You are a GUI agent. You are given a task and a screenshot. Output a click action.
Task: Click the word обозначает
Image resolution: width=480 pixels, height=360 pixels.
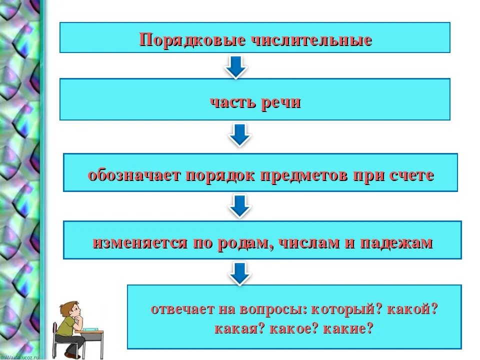pos(134,175)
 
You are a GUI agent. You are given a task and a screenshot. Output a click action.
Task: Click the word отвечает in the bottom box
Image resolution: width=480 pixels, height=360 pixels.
pos(182,309)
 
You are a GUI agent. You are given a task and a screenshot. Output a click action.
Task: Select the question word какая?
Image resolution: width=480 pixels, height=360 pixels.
pos(239,329)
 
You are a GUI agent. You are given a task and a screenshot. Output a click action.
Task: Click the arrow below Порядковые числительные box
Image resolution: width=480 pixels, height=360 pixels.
pos(236,66)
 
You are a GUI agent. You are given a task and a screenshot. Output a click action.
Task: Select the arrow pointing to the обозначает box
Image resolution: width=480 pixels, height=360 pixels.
pos(240,134)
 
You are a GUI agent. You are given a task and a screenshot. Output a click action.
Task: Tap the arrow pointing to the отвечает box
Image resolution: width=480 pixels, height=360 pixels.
pos(240,273)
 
